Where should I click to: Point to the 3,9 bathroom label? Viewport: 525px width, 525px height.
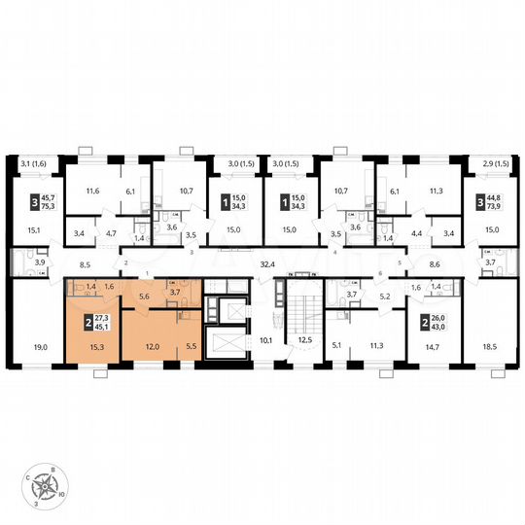point(40,263)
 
